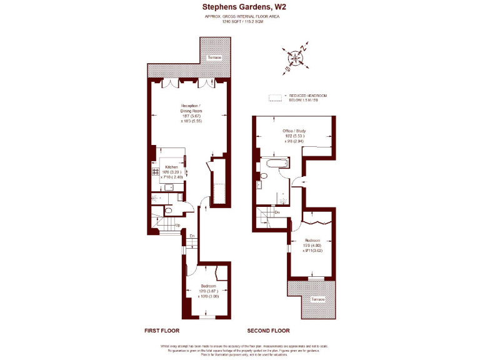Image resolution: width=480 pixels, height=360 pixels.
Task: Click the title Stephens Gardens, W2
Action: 239,7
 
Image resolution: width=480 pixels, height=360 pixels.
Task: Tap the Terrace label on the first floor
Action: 215,57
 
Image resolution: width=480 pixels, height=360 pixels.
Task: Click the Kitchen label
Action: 172,167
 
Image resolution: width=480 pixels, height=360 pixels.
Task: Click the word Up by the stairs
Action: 178,225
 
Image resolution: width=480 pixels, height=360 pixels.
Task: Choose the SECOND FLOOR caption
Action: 268,330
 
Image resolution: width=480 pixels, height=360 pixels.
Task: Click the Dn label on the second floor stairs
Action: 277,212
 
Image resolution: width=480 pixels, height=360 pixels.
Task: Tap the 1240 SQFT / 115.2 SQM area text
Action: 239,21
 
